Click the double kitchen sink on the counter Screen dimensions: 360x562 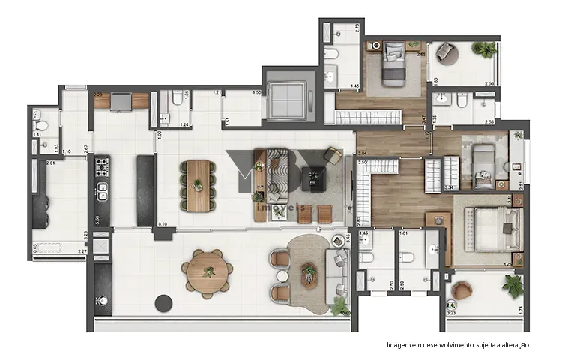coord(102,200)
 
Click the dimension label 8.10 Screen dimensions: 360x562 coord(163,224)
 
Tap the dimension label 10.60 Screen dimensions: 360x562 coord(345,313)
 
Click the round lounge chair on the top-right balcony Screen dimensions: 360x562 coord(446,52)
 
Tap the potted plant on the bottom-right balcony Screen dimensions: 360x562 coord(513,286)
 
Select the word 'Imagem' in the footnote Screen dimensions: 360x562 coord(399,345)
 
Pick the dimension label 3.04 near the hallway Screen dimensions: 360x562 coord(363,152)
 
